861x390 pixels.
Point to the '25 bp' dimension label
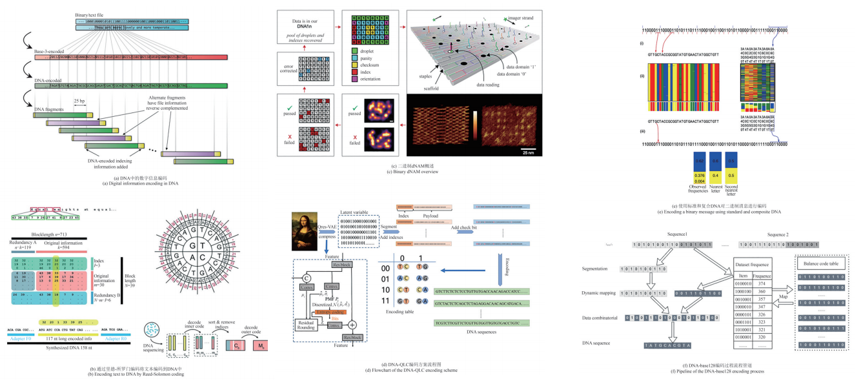click(x=80, y=101)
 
